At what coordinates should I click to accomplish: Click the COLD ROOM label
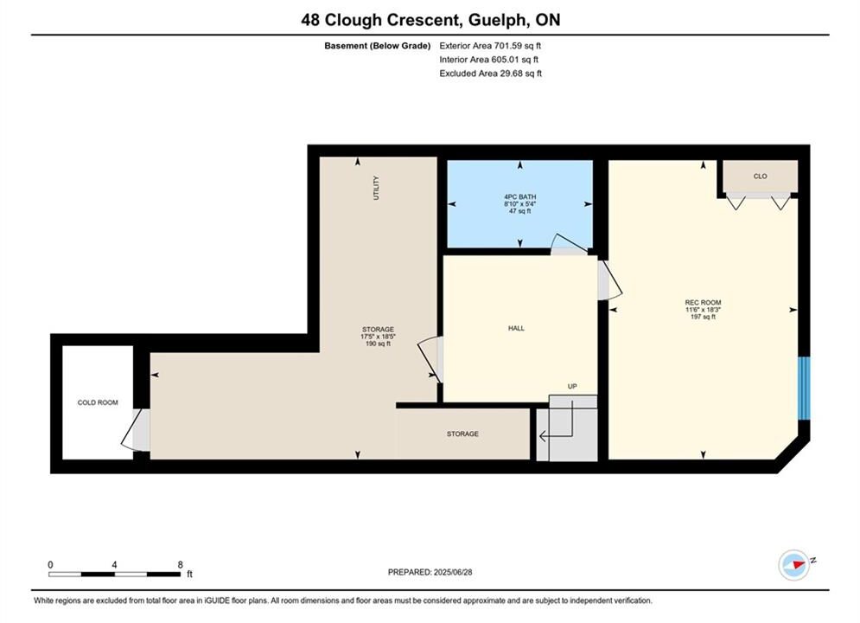[98, 402]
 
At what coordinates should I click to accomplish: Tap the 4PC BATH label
[520, 196]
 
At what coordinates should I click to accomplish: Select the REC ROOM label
[703, 303]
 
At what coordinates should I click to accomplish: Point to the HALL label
[516, 328]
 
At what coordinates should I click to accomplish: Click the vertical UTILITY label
[376, 188]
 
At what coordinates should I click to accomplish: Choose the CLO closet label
[761, 177]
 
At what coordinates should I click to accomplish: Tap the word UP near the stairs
[572, 387]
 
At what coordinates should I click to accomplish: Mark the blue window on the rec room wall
[804, 388]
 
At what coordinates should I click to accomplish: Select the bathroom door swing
[569, 245]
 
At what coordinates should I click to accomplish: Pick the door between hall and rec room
[608, 280]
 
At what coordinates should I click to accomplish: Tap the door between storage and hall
[431, 360]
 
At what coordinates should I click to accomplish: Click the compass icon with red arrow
[793, 565]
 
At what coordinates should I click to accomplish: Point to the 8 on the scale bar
[180, 564]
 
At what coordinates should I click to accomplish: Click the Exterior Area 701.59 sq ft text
[490, 46]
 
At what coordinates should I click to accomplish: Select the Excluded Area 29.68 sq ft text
[490, 73]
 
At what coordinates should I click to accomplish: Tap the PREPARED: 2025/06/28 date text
[430, 572]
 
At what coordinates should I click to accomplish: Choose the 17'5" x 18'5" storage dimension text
[378, 337]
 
